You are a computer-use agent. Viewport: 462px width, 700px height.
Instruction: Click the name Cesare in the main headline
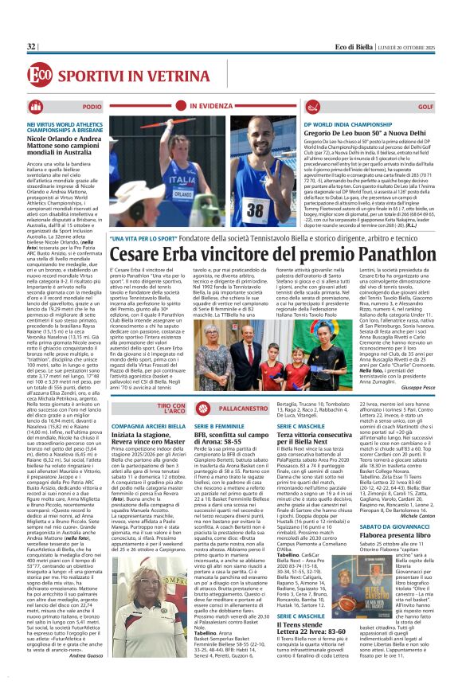click(x=142, y=255)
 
